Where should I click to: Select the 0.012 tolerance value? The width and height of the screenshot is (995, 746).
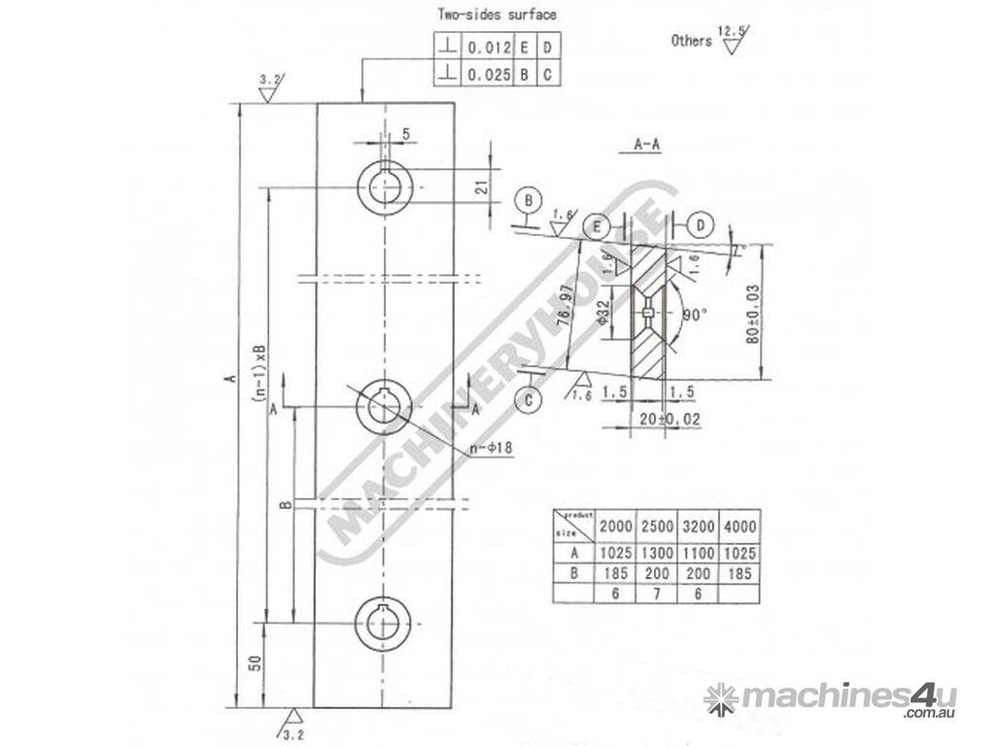[486, 47]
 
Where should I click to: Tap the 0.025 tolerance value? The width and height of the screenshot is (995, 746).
[486, 74]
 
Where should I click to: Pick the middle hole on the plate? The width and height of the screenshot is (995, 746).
[385, 408]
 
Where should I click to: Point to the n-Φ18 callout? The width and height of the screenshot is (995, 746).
[491, 450]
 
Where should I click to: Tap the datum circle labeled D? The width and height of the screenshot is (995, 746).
[699, 225]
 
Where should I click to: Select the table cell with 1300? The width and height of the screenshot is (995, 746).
[656, 552]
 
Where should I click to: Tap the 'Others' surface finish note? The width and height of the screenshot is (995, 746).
[692, 41]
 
